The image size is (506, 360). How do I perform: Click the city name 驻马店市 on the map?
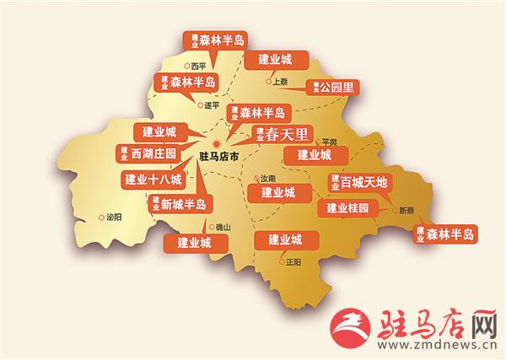[x=218, y=157]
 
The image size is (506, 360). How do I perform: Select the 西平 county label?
[x=198, y=65]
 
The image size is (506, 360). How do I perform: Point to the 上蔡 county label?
[x=279, y=82]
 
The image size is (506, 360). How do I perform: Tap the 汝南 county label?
[x=267, y=179]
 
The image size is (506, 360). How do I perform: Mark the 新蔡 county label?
[x=406, y=210]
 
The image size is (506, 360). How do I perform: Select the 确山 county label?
[x=223, y=227]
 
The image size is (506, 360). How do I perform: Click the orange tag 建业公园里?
[x=332, y=87]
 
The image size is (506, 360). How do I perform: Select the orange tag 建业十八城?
[x=151, y=179]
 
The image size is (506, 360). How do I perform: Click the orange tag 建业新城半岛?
[x=181, y=203]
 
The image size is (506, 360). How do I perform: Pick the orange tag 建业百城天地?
[x=358, y=181]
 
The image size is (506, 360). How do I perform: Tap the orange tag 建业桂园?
[x=348, y=207]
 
